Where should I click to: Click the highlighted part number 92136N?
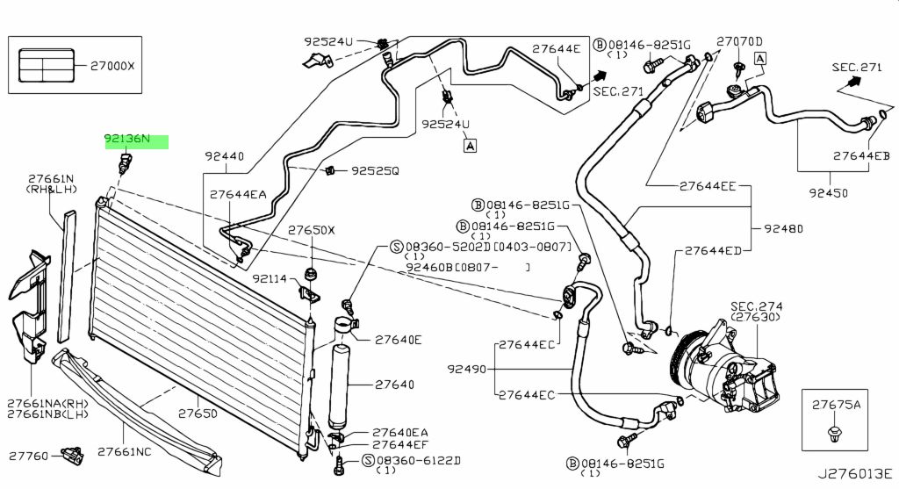point(126,139)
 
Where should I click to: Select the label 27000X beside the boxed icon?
point(112,66)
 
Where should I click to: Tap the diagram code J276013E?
point(855,474)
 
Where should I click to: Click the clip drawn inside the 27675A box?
point(834,433)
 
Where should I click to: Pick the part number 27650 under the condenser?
point(198,413)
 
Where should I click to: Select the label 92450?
point(829,192)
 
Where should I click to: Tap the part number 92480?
point(784,229)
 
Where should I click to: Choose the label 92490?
point(467,370)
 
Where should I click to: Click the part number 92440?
point(225,156)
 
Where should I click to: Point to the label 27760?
point(29,457)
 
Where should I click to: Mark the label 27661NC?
point(125,452)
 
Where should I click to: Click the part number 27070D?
point(739,41)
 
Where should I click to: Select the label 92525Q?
point(375,171)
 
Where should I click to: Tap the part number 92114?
point(270,279)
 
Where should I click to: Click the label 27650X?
point(312,231)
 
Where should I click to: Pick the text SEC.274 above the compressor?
point(756,306)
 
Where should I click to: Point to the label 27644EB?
point(862,156)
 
